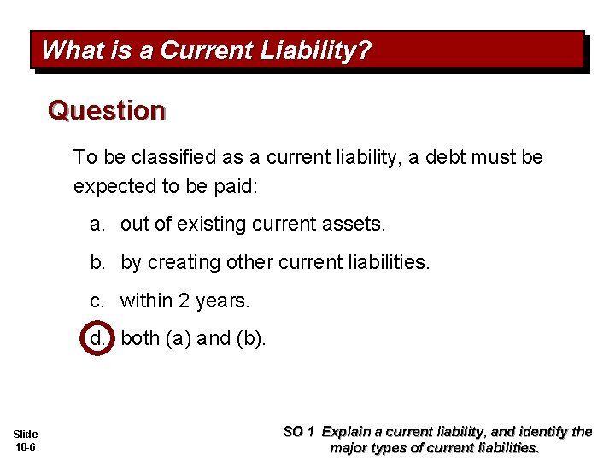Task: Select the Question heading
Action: click(x=107, y=110)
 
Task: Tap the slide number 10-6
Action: click(x=26, y=447)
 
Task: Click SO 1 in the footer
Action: click(x=300, y=432)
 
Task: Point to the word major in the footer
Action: click(x=350, y=447)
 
